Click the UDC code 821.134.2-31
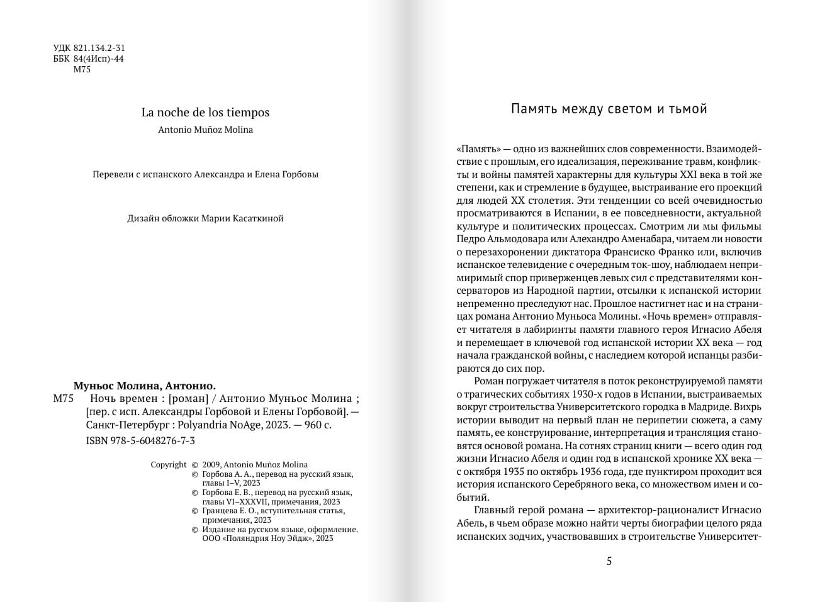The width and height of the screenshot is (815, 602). pos(99,48)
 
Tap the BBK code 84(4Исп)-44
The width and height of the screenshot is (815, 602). pos(98,59)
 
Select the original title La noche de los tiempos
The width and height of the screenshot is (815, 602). pos(205,113)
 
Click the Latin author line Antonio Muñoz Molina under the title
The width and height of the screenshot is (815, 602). pos(205,130)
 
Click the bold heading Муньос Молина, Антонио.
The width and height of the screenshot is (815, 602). pos(145,386)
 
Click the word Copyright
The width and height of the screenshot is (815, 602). pos(169,465)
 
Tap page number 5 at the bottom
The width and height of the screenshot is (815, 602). pos(609,561)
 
